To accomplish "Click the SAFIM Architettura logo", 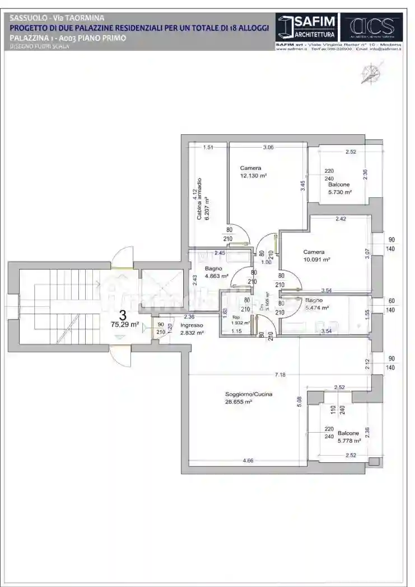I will pos(307,27).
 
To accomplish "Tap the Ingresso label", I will pos(192,325).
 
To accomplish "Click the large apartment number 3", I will pos(123,314).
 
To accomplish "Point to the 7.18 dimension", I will pos(278,375).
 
